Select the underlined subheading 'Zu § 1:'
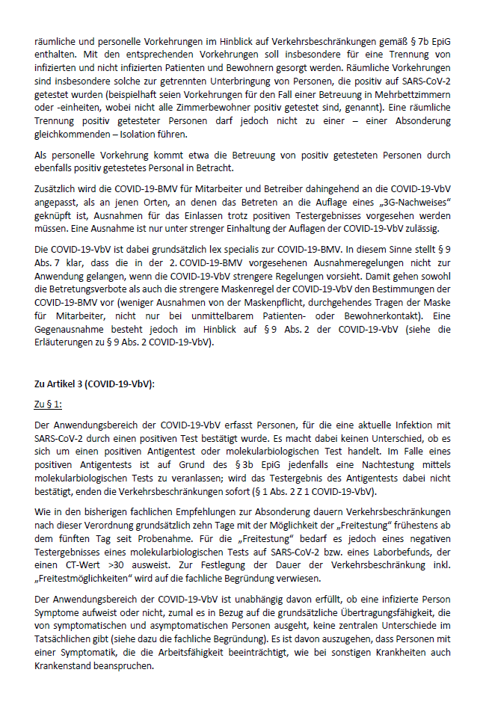(x=50, y=404)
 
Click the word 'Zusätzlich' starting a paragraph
(x=59, y=193)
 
